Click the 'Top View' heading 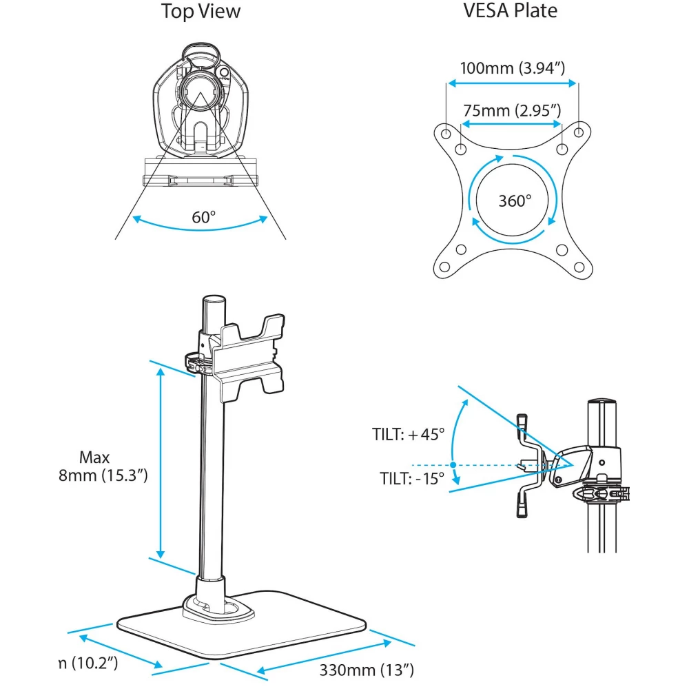(200, 12)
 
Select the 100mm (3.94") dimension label (513, 68)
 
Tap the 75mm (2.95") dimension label (511, 110)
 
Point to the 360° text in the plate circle (515, 201)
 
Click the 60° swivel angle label (204, 217)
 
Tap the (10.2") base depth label (86, 664)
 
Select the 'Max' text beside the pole (94, 457)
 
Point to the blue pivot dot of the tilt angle (452, 465)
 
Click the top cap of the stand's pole (214, 300)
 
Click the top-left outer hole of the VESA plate (446, 132)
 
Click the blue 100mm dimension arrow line (513, 83)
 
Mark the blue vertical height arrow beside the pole (161, 462)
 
